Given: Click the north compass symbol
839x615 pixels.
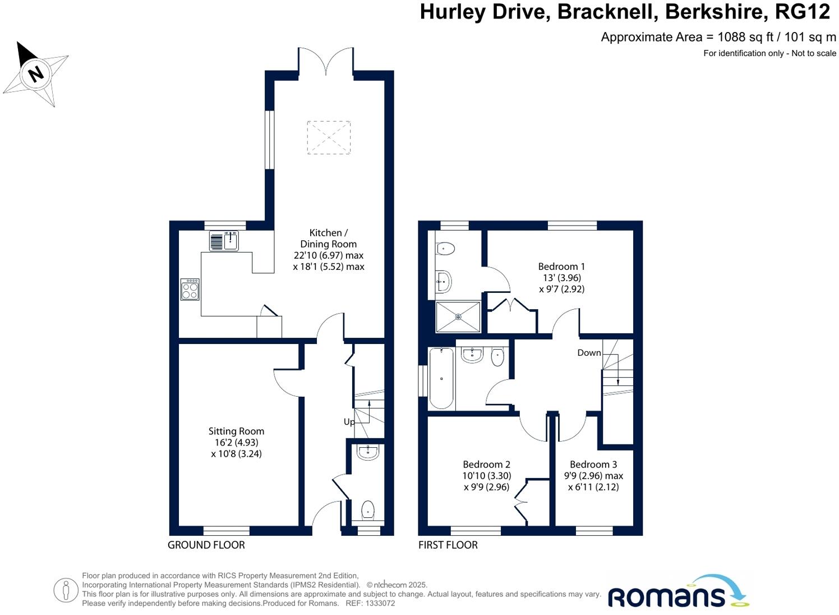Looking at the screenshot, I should coord(35,73).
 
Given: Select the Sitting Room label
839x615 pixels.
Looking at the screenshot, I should coord(236,442).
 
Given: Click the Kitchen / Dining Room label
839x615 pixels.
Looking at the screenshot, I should coord(329,250).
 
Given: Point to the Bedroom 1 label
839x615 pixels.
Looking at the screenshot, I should coord(561,277).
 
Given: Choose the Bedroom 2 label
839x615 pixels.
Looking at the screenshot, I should coord(486,475).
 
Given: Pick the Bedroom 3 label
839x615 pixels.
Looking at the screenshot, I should coord(593,475).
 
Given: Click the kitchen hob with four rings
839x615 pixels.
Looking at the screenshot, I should coord(190,290).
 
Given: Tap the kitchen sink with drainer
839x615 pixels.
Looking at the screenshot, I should coord(224,241).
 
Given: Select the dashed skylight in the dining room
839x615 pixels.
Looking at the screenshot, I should coord(329,137).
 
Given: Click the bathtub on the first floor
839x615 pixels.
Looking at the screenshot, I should coord(441,378).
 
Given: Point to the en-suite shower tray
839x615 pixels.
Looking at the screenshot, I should coord(458,317).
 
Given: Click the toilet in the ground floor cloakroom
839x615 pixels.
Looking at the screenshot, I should coord(368,510).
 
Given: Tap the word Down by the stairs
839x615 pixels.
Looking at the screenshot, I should coord(589,353).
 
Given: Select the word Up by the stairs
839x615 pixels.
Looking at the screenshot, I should coord(349,422).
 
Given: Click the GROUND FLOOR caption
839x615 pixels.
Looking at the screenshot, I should coord(206,545).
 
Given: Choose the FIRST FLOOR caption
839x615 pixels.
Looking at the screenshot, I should coord(448,545).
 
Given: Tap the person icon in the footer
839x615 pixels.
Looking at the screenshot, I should coord(66,590).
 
